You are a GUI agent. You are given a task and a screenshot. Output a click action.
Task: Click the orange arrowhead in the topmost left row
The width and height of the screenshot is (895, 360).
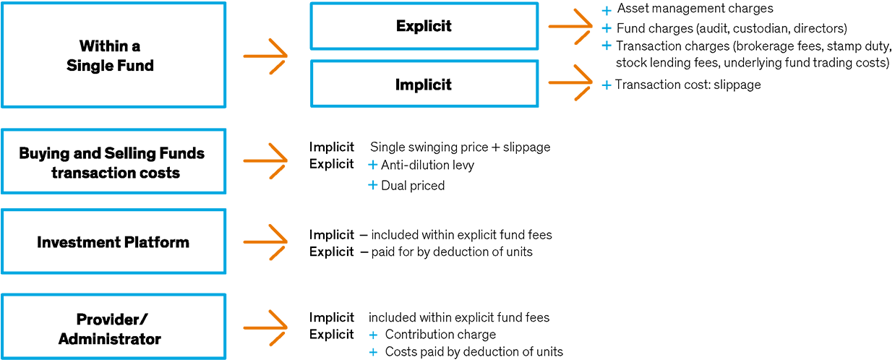click(289, 56)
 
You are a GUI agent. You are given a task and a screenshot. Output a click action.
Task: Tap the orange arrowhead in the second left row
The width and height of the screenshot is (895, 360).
click(289, 161)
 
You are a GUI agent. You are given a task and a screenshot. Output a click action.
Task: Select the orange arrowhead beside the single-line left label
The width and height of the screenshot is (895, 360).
click(289, 242)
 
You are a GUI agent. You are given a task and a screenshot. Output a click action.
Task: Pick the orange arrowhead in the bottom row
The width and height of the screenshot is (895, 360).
click(289, 328)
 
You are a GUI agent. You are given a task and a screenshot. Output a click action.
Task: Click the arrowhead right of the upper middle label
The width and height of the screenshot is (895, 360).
click(589, 27)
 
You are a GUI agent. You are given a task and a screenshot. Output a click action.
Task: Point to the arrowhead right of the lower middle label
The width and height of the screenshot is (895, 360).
click(589, 82)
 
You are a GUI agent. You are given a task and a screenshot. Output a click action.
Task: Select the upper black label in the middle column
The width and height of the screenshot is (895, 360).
click(466, 27)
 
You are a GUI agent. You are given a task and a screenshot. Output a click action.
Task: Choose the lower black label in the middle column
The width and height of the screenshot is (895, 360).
click(466, 85)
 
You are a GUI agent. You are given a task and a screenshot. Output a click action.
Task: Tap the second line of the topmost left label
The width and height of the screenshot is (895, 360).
click(145, 67)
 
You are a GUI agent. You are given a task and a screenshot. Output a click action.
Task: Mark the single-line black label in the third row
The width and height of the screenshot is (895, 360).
click(130, 242)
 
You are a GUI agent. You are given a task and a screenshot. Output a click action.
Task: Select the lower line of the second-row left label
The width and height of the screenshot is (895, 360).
click(137, 173)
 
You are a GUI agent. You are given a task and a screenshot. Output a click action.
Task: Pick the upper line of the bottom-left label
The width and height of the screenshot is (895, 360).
click(150, 319)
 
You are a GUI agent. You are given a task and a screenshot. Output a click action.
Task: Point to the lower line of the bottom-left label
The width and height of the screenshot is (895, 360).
click(140, 338)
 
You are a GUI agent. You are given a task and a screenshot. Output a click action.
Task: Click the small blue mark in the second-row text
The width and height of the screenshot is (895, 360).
click(376, 165)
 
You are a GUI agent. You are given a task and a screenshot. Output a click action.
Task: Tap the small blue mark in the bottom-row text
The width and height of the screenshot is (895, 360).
click(376, 335)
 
